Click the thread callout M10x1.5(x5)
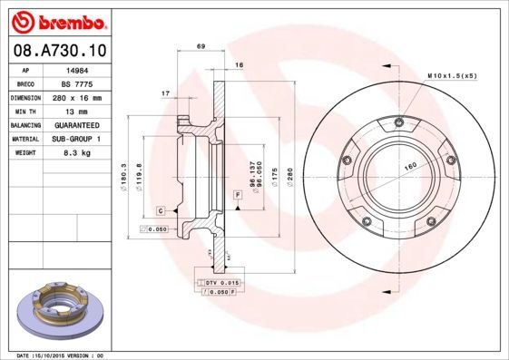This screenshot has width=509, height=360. pos(451,75)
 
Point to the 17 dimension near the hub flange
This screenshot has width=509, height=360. pos(165,92)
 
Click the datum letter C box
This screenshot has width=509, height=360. pos(160,210)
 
